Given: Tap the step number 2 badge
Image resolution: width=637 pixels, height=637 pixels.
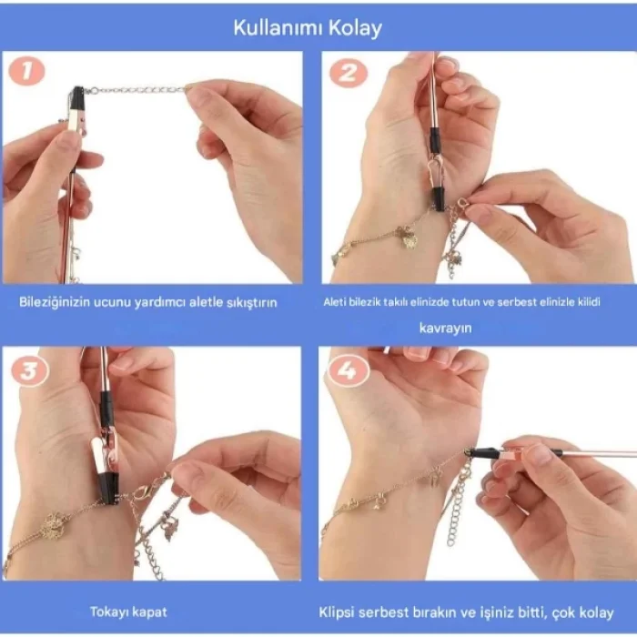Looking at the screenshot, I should [x=348, y=72].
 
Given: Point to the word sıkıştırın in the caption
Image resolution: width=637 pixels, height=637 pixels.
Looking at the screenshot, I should [x=250, y=301].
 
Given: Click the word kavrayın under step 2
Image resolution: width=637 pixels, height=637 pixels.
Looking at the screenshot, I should [x=445, y=327].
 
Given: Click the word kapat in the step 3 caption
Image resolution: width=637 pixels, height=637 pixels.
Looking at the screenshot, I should [x=150, y=612].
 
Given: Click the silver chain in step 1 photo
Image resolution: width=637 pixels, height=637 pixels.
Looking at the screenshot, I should [x=136, y=90].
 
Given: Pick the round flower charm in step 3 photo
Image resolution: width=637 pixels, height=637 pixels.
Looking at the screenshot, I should [x=53, y=525].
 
